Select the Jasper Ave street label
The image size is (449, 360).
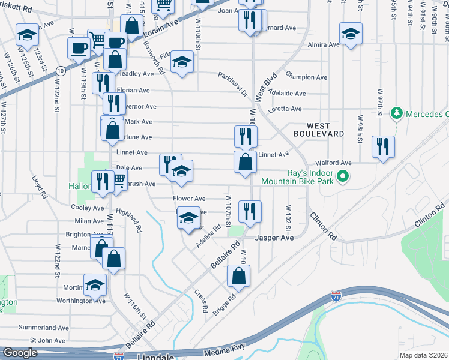coord(274,238)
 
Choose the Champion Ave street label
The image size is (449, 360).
coord(306,77)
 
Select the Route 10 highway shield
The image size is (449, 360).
coord(61,71)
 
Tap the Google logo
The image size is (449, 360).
coord(20,353)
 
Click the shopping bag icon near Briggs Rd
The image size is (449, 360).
coord(238,275)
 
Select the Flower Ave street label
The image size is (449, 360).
coord(189,199)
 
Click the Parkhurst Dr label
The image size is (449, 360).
coord(233,85)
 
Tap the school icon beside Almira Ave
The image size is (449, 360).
coord(351,33)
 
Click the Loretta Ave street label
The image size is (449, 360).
coord(285,109)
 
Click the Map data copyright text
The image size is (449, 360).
coord(423,355)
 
